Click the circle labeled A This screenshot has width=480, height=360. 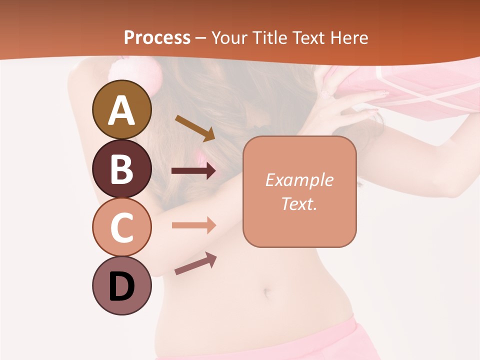122,109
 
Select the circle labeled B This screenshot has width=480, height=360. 122,168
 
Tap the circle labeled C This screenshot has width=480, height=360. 122,227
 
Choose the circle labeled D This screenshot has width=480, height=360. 122,286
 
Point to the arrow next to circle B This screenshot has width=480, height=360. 194,171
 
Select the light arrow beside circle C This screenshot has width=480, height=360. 194,225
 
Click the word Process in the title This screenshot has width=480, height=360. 157,37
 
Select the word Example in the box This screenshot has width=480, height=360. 299,180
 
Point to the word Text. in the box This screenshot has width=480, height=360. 299,203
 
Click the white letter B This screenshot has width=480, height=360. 122,169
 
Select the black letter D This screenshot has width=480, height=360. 122,286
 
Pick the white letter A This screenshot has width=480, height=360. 122,110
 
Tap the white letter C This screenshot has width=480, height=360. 122,227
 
